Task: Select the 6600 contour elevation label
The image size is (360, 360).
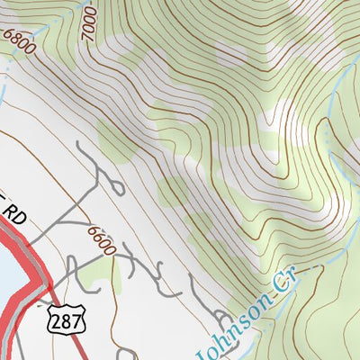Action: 101,240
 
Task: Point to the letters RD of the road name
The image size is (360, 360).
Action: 12,216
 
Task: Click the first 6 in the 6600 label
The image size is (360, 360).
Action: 93,230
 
